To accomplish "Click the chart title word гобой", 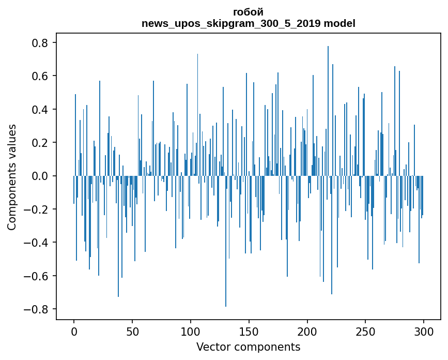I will [x=248, y=12].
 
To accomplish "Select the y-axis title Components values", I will [x=12, y=177].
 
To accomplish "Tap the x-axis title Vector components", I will [x=248, y=347].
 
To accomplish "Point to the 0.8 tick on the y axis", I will [x=41, y=43].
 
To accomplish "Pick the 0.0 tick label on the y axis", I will [x=41, y=176].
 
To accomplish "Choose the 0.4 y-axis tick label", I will [x=41, y=110].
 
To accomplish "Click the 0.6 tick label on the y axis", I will [x=41, y=76].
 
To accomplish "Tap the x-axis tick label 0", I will [x=74, y=331].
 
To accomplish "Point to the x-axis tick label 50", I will [x=132, y=331].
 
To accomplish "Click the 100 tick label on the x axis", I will [x=191, y=331].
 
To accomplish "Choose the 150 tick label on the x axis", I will [x=249, y=331].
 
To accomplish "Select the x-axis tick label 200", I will [x=307, y=331].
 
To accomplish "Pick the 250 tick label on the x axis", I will [x=366, y=331].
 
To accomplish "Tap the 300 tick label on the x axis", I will [x=424, y=331].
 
